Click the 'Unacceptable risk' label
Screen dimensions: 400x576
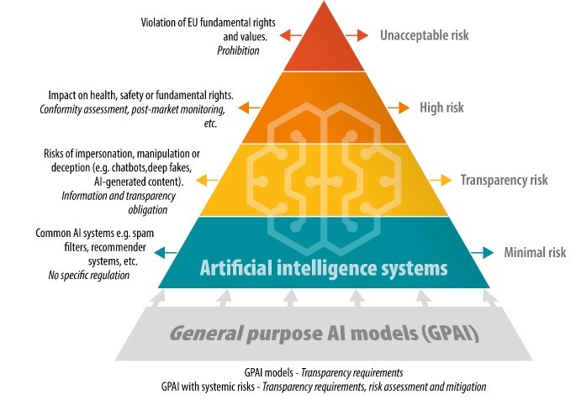pos(424,35)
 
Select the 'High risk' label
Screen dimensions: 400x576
pos(441,108)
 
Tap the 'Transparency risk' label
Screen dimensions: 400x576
pos(504,180)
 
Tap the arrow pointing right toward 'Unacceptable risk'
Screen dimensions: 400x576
pos(358,35)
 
